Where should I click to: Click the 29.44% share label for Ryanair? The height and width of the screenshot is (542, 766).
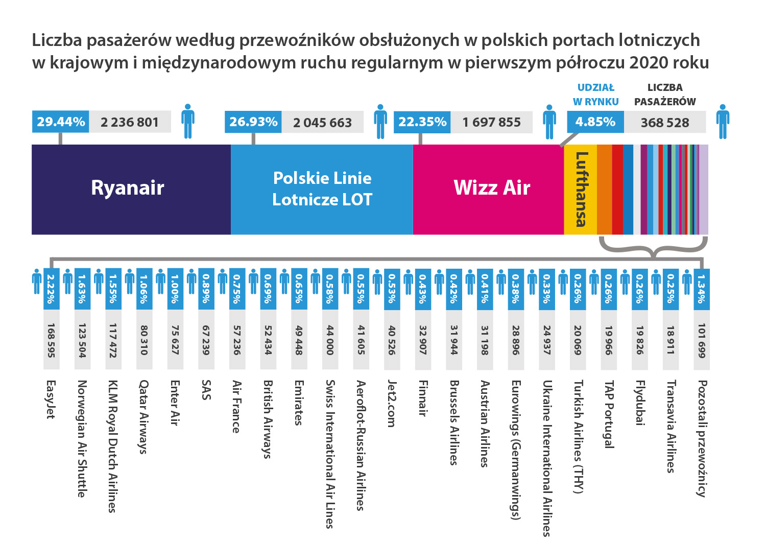[61, 122]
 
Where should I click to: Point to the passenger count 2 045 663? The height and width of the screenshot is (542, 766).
[322, 123]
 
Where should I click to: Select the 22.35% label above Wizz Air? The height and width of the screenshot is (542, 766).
[422, 122]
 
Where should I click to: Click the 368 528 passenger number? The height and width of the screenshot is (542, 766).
[665, 123]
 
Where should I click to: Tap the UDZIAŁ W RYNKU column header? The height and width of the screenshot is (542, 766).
[595, 95]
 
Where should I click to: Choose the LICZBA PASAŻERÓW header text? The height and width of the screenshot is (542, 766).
[665, 95]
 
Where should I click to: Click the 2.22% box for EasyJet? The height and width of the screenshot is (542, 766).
[51, 289]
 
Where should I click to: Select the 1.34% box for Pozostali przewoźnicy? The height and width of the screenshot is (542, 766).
[702, 289]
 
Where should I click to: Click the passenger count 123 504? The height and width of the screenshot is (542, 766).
[82, 340]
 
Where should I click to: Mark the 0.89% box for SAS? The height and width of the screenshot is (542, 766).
[206, 289]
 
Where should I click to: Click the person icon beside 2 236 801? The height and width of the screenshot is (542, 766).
[188, 122]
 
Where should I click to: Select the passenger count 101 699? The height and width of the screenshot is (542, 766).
[702, 340]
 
